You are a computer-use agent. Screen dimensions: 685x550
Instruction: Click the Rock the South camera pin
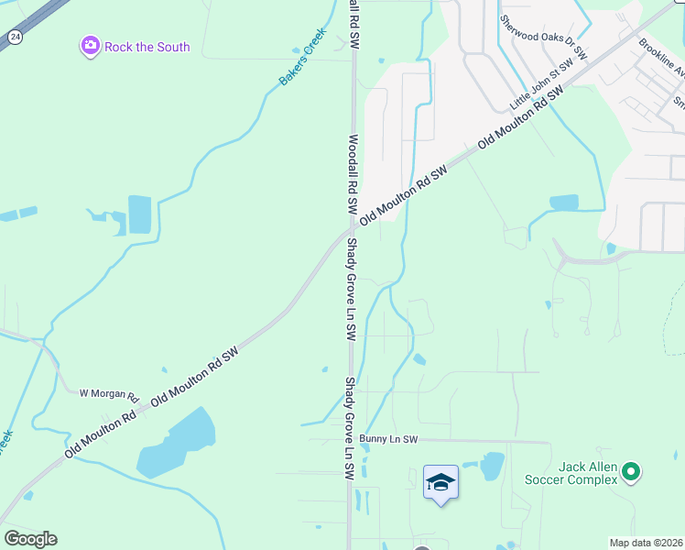90,46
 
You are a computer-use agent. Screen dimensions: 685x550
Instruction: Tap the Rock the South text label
147,47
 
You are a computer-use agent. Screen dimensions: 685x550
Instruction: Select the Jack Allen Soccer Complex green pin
630,472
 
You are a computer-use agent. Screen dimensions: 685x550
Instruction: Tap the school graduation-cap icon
440,482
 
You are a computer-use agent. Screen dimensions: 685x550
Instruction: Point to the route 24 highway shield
14,37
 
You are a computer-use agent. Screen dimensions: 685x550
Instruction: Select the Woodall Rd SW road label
353,175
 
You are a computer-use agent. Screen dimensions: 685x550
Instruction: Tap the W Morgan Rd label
108,395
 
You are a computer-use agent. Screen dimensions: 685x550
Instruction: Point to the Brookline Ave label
661,60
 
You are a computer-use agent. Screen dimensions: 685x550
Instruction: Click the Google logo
30,539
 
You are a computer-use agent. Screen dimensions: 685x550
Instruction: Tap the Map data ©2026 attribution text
645,543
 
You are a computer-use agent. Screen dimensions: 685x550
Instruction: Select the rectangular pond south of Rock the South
140,214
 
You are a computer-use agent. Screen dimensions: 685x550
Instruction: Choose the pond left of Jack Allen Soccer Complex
493,466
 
